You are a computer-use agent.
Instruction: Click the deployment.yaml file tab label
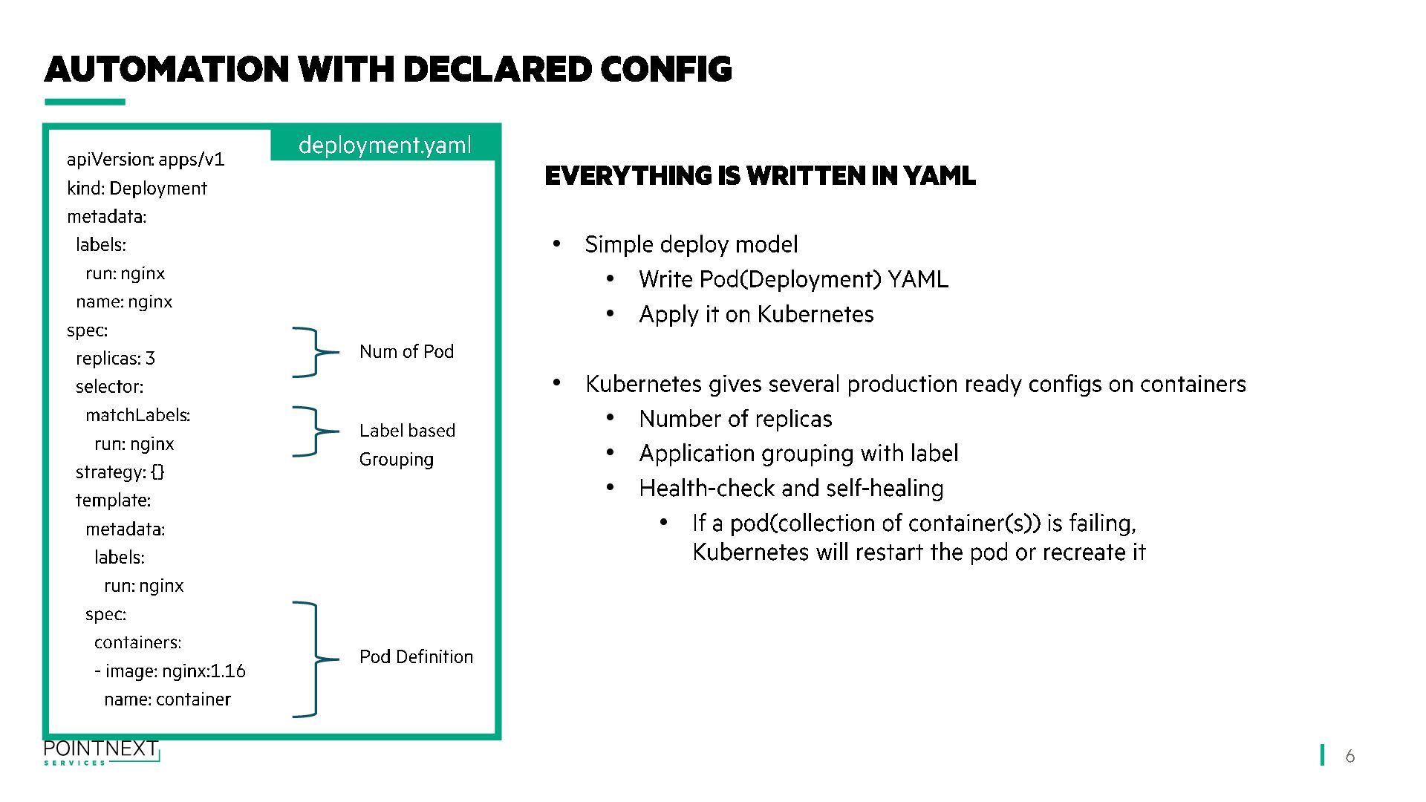(x=385, y=145)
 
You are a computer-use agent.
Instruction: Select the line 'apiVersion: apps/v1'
(x=146, y=160)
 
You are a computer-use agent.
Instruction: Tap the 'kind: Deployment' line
(x=137, y=188)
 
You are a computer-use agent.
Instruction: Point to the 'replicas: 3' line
(x=115, y=359)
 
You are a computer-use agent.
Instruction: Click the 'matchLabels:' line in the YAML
(x=137, y=415)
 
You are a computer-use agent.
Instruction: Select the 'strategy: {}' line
(x=120, y=472)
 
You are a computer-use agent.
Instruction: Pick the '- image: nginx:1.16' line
(x=170, y=671)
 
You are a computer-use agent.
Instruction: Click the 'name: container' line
(x=167, y=700)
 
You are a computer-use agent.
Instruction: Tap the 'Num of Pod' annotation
(x=406, y=352)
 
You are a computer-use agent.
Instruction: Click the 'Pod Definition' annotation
(x=416, y=657)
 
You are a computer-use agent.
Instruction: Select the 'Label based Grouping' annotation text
(x=406, y=445)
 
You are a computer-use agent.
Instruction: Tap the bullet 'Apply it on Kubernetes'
(x=756, y=315)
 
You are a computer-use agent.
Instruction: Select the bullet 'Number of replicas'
(x=735, y=420)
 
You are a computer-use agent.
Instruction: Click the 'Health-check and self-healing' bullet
(x=791, y=489)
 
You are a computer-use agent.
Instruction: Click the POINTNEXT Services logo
(x=101, y=752)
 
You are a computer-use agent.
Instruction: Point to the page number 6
(x=1350, y=756)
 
